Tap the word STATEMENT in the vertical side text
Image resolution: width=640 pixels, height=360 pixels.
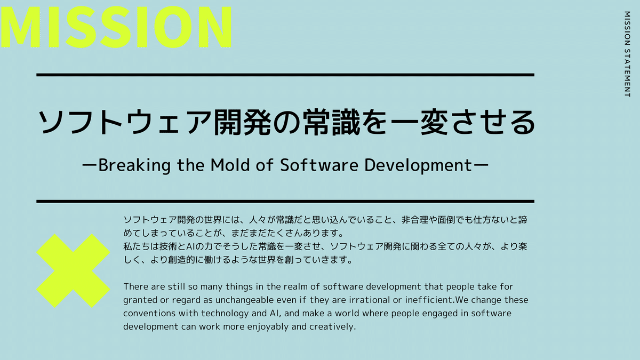[x=627, y=71]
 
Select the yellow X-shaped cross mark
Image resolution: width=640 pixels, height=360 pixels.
[x=74, y=270]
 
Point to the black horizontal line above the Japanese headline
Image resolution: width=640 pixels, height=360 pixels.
[x=285, y=75]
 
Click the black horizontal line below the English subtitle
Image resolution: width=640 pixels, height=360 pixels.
[x=285, y=201]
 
